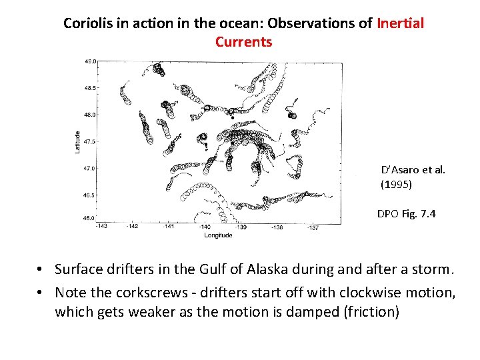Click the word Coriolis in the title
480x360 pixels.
tap(87, 23)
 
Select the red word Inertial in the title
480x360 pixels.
tap(400, 23)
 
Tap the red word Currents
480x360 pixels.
tap(243, 42)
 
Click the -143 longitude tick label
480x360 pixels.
tap(101, 227)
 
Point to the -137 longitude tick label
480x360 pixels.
tap(313, 227)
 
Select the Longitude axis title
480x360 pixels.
tap(218, 235)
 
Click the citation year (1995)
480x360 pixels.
tap(397, 183)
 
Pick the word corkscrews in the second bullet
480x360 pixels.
tap(142, 293)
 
